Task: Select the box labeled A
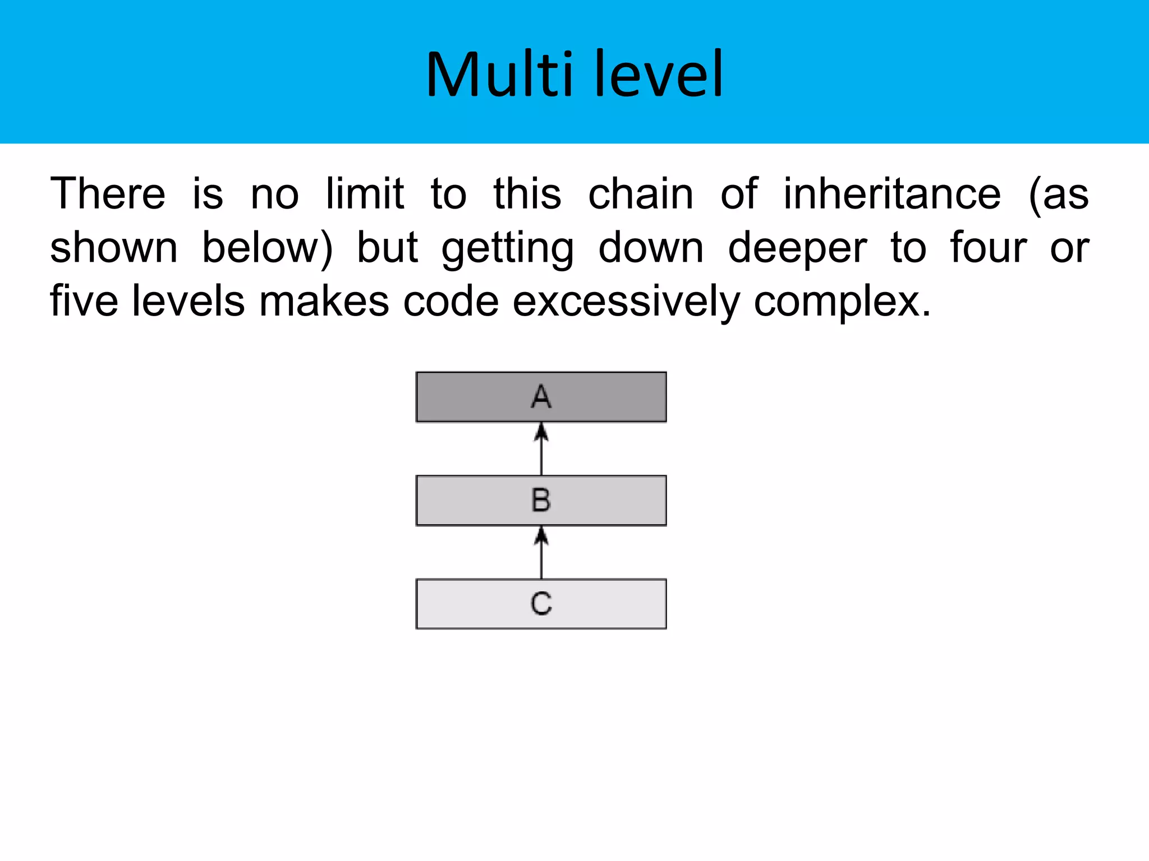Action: [x=541, y=397]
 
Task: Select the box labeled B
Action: [x=541, y=500]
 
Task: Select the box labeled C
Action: [x=541, y=604]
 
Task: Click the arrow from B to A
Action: [x=541, y=449]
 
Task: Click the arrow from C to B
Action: [x=541, y=552]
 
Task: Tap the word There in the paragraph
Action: [x=108, y=194]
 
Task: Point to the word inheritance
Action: [x=892, y=194]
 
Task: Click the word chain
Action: [x=641, y=194]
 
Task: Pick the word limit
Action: [x=365, y=194]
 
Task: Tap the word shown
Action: [x=114, y=248]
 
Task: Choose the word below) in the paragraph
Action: [x=267, y=248]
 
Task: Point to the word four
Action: [x=989, y=248]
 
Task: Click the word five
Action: [x=84, y=302]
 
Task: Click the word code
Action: [x=451, y=302]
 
